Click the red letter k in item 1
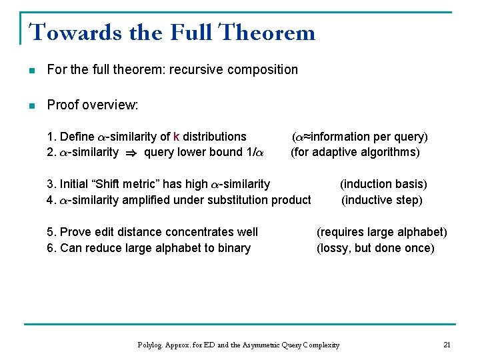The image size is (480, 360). (176, 137)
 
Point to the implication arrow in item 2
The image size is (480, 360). (131, 153)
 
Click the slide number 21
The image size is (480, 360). (447, 345)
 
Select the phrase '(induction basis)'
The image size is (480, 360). (383, 184)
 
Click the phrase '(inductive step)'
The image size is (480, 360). (382, 200)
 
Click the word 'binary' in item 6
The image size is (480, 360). (233, 248)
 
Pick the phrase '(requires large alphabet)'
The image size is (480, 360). (381, 232)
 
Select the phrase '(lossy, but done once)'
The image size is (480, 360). (375, 248)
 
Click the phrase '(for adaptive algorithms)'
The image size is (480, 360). (355, 152)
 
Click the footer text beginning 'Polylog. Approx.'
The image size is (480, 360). (238, 345)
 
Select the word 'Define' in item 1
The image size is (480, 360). (77, 137)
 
